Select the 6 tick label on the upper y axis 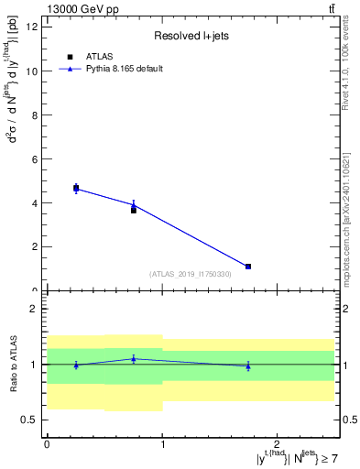pos(33,158)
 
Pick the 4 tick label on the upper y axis pos(33,202)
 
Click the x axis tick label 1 pos(162,444)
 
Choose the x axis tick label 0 pos(47,444)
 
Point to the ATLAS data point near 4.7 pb pos(76,188)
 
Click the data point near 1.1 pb pos(248,267)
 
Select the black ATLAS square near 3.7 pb pos(134,210)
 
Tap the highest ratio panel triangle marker pos(134,358)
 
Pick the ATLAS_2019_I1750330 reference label pos(191,274)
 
